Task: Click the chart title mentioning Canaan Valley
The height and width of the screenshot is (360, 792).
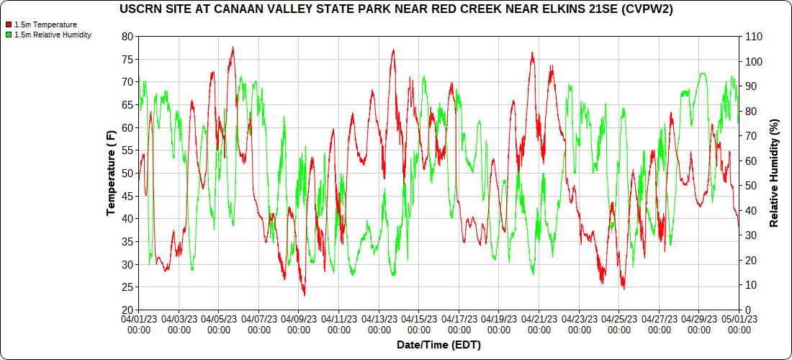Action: point(395,9)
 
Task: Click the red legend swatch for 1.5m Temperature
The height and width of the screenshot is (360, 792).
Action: point(8,24)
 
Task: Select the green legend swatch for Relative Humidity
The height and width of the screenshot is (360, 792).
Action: point(8,35)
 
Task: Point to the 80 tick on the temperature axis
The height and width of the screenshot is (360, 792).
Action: point(128,36)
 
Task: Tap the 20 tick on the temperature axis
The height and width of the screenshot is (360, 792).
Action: point(128,310)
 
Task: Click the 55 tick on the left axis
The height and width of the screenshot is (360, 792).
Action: point(128,150)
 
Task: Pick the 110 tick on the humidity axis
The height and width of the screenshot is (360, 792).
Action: point(753,36)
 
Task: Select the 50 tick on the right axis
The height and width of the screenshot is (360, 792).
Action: point(750,186)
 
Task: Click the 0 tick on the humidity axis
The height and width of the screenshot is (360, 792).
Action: point(747,310)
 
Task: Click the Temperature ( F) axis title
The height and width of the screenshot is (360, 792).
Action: point(111,173)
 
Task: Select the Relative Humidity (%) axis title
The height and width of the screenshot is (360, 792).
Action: point(775,173)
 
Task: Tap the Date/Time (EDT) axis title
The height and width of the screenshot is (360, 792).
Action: point(438,345)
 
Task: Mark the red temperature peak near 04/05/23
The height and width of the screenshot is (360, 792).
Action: point(233,48)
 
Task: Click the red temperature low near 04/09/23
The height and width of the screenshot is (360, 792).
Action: point(304,295)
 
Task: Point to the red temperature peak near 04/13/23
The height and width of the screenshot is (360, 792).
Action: point(393,50)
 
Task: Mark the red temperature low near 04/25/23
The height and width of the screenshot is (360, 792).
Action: point(624,289)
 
